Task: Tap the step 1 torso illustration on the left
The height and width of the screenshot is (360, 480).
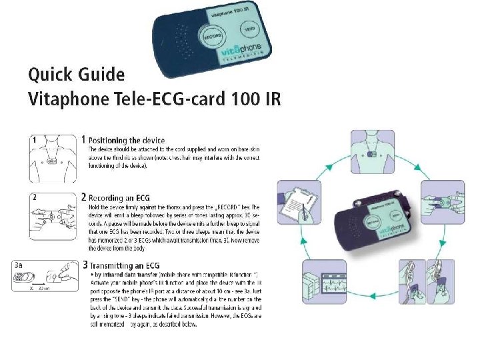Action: pos(52,159)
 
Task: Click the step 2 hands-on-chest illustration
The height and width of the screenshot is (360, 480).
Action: pos(52,211)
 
